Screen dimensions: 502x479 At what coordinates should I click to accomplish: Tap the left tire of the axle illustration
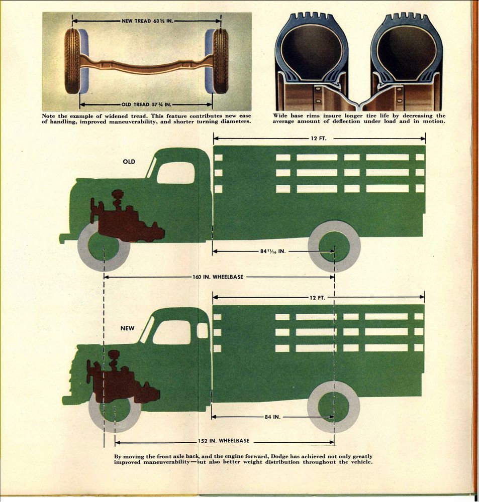click(73, 61)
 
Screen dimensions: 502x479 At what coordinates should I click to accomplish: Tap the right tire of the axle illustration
click(220, 61)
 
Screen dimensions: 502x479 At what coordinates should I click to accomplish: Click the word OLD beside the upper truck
click(129, 162)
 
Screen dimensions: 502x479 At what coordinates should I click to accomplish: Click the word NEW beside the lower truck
click(127, 328)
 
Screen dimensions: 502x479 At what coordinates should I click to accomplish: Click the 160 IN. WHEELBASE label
click(218, 277)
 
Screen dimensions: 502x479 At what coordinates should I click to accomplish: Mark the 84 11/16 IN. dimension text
click(273, 251)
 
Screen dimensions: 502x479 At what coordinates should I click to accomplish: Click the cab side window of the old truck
click(175, 173)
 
